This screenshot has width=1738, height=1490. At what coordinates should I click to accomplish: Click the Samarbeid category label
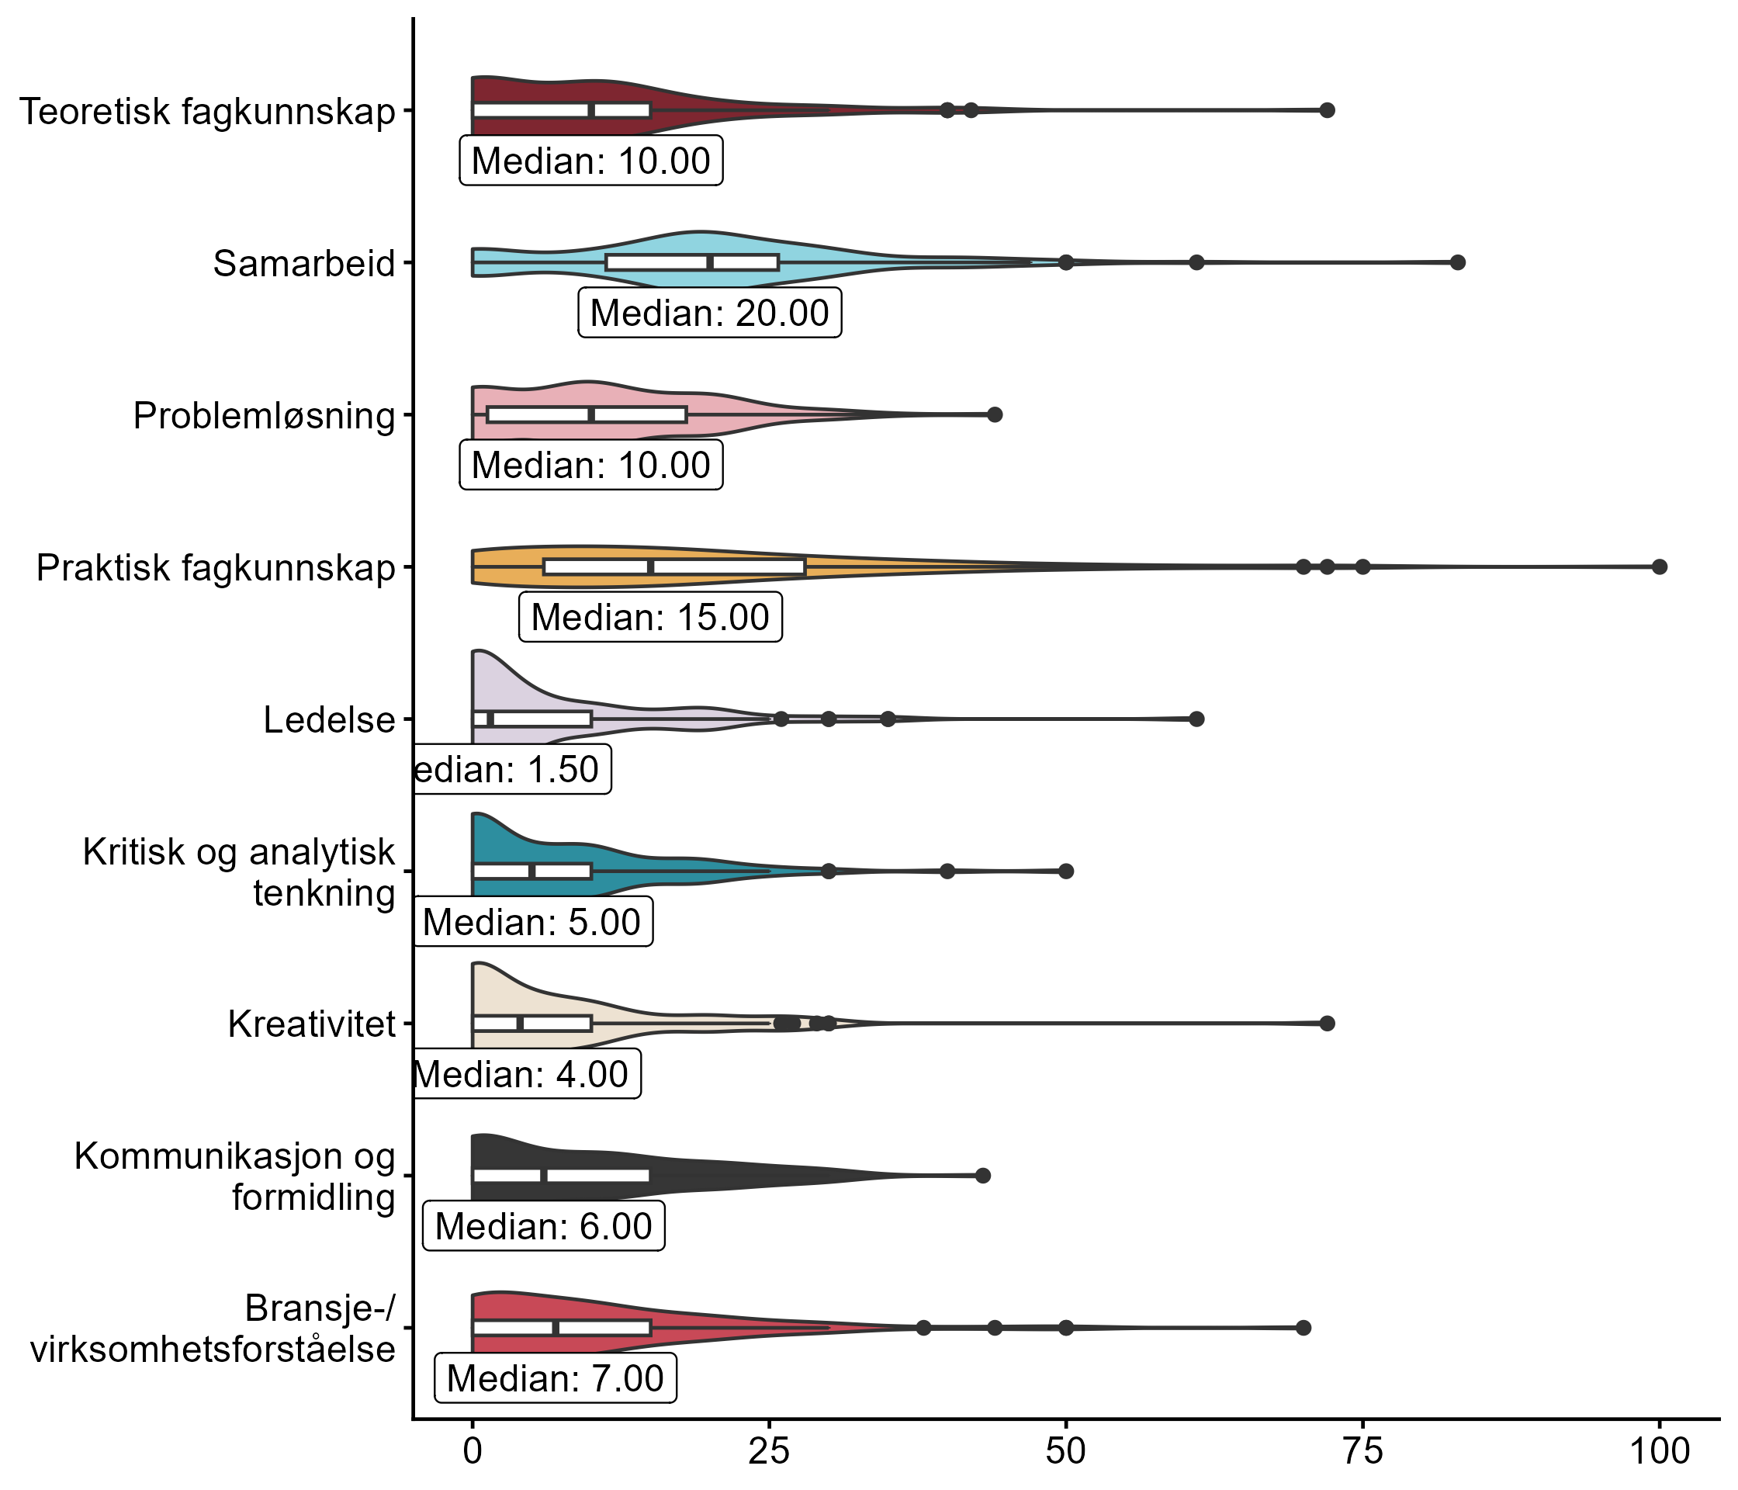click(x=303, y=263)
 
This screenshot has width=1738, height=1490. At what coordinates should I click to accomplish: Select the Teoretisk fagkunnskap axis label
click(x=207, y=112)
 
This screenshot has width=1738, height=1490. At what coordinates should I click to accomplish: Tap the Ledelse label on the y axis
click(x=329, y=720)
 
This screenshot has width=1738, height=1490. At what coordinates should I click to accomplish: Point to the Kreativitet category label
click(x=311, y=1024)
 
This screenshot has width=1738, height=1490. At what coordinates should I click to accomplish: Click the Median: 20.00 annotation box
click(x=710, y=313)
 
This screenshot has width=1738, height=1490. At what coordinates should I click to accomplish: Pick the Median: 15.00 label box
click(x=650, y=618)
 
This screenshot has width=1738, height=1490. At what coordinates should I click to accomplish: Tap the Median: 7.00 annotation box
click(x=555, y=1378)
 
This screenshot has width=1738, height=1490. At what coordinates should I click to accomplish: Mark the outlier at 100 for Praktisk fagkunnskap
click(x=1659, y=567)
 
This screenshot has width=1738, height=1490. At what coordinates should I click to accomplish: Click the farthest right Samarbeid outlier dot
click(x=1458, y=262)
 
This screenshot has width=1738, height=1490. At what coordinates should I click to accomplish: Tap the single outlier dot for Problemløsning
click(x=995, y=414)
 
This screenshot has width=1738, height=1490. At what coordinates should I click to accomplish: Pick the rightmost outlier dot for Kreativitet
click(x=1327, y=1024)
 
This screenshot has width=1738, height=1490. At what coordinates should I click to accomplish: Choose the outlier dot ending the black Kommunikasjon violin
click(x=983, y=1176)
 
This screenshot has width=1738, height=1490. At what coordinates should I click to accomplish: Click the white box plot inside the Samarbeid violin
click(x=692, y=262)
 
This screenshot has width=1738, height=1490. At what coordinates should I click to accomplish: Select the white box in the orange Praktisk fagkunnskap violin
click(x=674, y=567)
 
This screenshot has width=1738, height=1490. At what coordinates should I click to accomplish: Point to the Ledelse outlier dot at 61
click(x=1197, y=719)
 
